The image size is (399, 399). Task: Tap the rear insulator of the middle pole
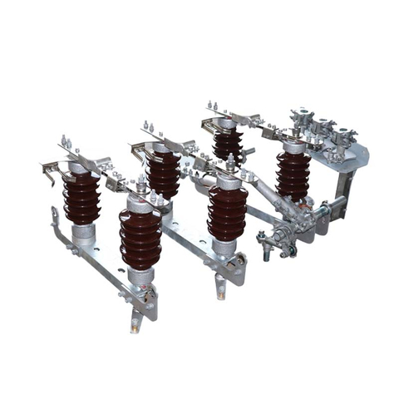coord(163,173)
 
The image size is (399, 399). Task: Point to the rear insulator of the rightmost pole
coord(227,144)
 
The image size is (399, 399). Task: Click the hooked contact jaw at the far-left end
coord(51,171)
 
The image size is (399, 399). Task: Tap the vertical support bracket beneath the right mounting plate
coord(342,199)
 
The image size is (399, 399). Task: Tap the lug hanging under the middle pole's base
coord(220,287)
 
